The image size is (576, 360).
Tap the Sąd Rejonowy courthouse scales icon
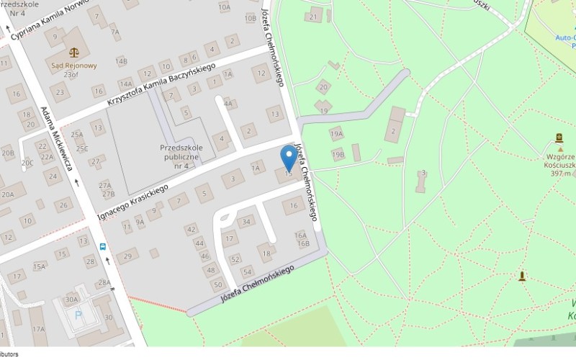(73, 52)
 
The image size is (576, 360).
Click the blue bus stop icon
(103, 246)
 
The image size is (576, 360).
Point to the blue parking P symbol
(78, 315)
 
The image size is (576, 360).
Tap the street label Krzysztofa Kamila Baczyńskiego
(161, 85)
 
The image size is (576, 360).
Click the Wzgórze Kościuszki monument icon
(559, 138)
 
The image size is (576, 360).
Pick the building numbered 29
(128, 256)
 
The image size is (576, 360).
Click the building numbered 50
(217, 285)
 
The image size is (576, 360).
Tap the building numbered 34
(246, 221)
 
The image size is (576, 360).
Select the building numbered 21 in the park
(312, 16)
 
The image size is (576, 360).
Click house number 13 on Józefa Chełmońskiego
(274, 114)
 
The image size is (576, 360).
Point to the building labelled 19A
(336, 134)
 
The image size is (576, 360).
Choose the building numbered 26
(64, 205)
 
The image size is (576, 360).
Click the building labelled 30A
(71, 300)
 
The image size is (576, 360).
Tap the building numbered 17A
(37, 329)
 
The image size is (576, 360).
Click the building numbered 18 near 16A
(266, 253)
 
